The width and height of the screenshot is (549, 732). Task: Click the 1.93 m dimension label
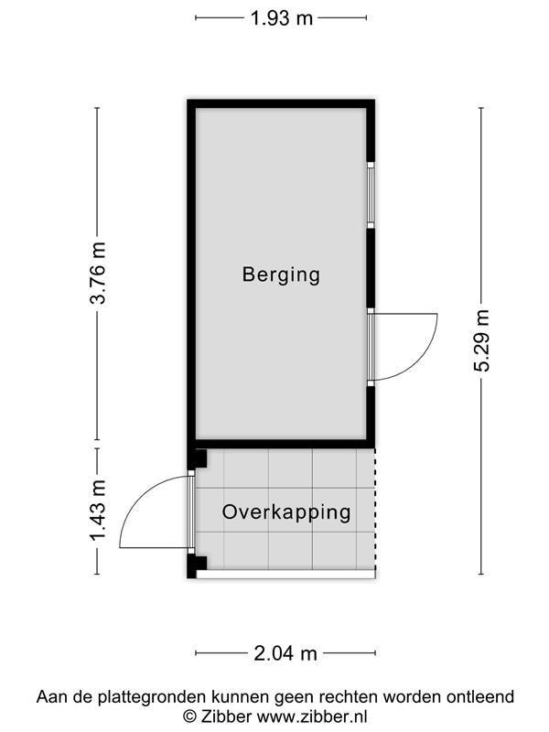point(282,18)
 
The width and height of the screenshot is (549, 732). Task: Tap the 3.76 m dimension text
point(98,273)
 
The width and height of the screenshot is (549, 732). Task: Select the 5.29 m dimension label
point(482,340)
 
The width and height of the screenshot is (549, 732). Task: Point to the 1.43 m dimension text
point(98,511)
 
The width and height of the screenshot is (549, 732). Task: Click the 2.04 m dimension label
point(285,653)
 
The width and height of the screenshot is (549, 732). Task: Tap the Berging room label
point(281,274)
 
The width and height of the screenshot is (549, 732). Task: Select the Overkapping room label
point(286,512)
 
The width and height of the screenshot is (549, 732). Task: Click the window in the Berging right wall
point(371,195)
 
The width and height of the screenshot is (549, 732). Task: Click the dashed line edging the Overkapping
point(375,509)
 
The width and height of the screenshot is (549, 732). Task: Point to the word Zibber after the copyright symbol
point(226,716)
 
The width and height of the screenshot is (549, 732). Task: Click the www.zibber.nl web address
point(312,716)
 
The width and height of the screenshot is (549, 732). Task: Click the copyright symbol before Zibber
point(189,716)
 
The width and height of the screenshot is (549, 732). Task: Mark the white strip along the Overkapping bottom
point(285,575)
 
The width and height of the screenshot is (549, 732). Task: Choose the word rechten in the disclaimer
point(349,697)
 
